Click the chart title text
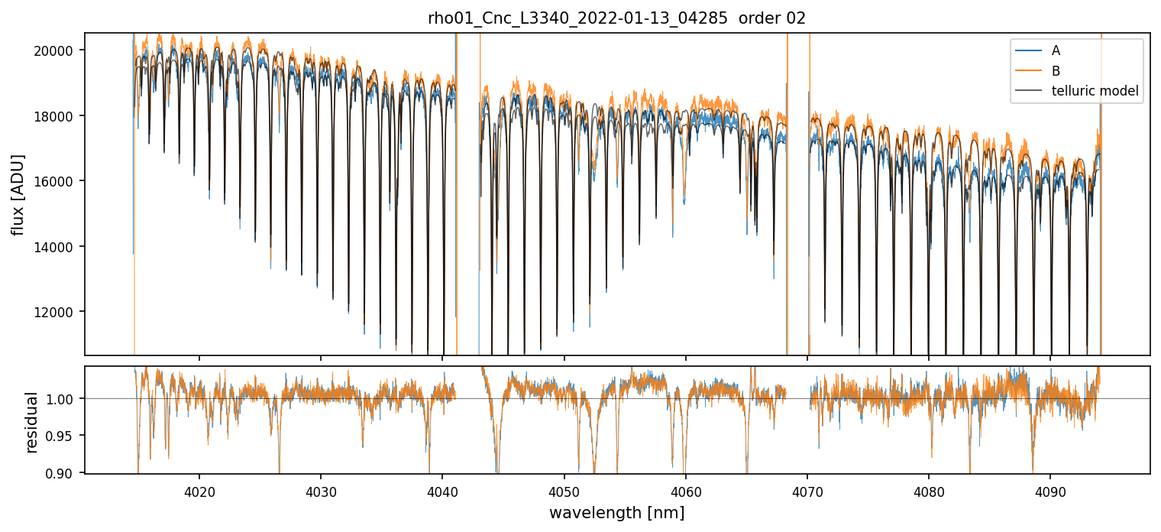[616, 18]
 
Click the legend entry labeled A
[1056, 51]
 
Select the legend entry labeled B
[1056, 71]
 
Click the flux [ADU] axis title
[18, 194]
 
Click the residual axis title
[31, 422]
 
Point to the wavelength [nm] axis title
[616, 513]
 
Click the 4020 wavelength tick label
[199, 490]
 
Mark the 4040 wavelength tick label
[442, 490]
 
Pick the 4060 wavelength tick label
[685, 490]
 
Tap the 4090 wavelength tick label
[1049, 490]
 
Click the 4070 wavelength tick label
[807, 490]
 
